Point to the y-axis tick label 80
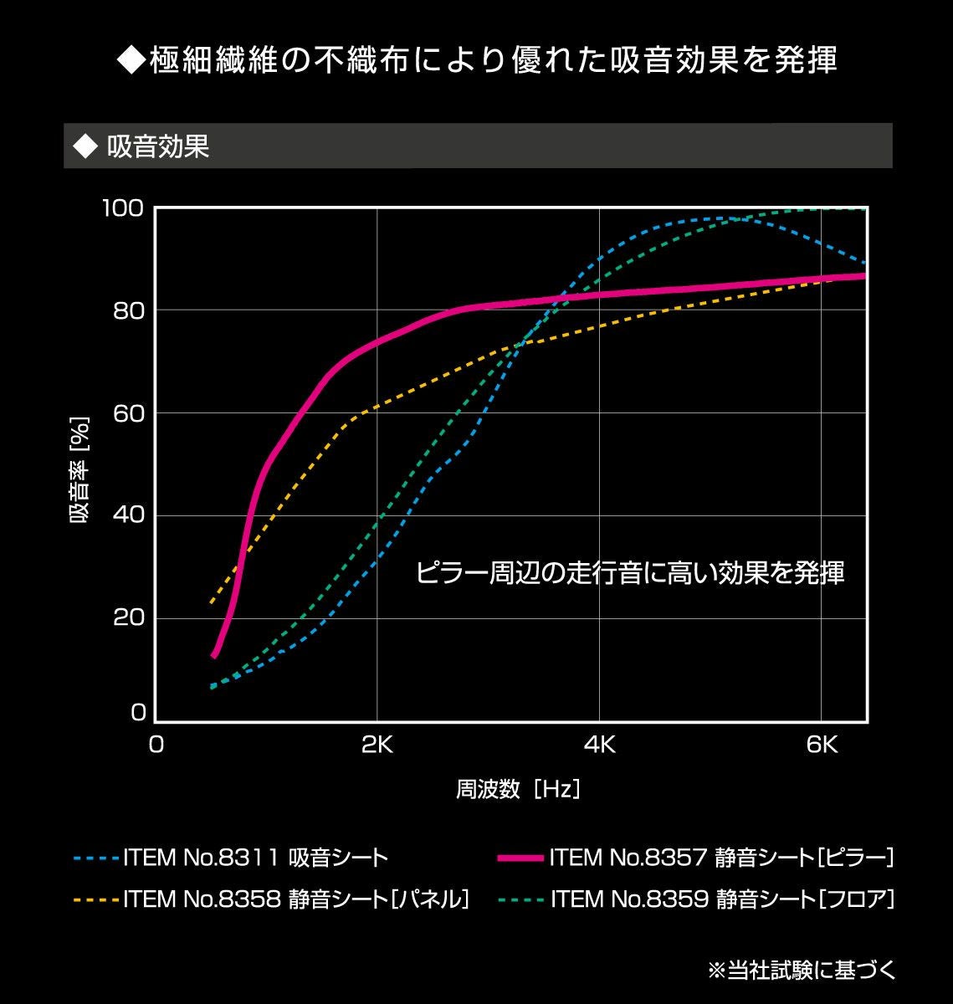point(129,310)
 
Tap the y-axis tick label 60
point(129,413)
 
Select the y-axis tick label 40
point(129,515)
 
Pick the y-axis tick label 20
point(129,618)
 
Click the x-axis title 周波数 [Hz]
point(518,789)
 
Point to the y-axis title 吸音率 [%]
point(79,470)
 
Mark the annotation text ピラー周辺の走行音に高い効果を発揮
point(630,573)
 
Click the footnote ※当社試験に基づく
point(802,971)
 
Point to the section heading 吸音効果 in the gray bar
point(158,147)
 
